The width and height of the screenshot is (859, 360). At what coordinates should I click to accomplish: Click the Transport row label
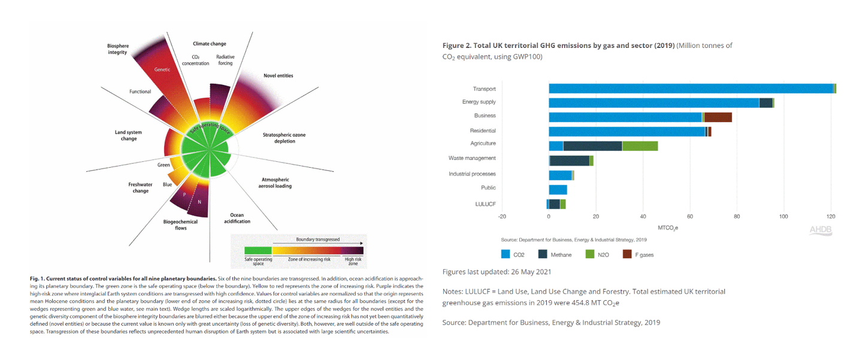tap(483, 89)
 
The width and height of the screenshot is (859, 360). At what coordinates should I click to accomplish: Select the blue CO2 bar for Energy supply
tap(654, 102)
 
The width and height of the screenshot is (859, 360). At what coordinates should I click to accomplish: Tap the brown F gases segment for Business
tap(718, 117)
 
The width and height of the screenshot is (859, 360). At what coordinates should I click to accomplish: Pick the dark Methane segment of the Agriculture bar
tap(592, 146)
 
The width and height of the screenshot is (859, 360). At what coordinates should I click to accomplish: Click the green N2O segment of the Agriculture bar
tap(640, 146)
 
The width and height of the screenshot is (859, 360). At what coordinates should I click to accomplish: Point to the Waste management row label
tap(472, 159)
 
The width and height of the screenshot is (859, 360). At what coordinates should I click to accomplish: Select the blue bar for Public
tap(558, 190)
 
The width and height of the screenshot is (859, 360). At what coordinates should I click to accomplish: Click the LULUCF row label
tap(485, 204)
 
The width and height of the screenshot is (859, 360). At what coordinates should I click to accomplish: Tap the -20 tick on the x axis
tap(502, 216)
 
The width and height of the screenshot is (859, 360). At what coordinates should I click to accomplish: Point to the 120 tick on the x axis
tap(830, 216)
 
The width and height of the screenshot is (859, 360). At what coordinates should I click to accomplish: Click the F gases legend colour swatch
tap(628, 255)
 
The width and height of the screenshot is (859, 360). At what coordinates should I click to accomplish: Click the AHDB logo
tap(820, 230)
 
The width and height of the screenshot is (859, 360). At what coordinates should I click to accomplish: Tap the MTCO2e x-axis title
tap(668, 228)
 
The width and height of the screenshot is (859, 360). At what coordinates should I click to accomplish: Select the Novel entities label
tap(278, 76)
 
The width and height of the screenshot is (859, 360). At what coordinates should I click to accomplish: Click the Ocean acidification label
tap(237, 218)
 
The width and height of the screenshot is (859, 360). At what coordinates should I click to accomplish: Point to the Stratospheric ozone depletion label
tap(284, 138)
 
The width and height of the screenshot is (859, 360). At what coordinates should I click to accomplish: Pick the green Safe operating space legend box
tap(258, 250)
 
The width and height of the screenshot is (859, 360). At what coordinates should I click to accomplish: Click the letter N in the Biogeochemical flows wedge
tap(199, 202)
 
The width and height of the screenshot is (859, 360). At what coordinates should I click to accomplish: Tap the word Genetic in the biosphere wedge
tap(162, 69)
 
